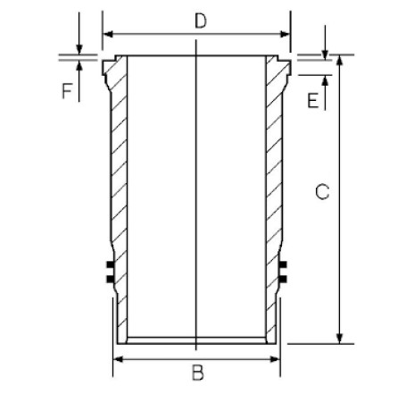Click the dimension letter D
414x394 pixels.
(x=201, y=21)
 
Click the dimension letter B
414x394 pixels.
(x=198, y=373)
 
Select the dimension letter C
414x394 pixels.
(x=322, y=192)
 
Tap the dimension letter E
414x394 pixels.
(x=312, y=100)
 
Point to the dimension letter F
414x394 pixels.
(x=67, y=91)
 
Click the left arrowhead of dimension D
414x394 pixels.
(x=108, y=34)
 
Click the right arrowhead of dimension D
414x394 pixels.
(x=285, y=34)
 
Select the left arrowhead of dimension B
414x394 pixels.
(x=119, y=359)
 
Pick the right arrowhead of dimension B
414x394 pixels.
(x=274, y=359)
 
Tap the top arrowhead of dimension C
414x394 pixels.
(x=340, y=60)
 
